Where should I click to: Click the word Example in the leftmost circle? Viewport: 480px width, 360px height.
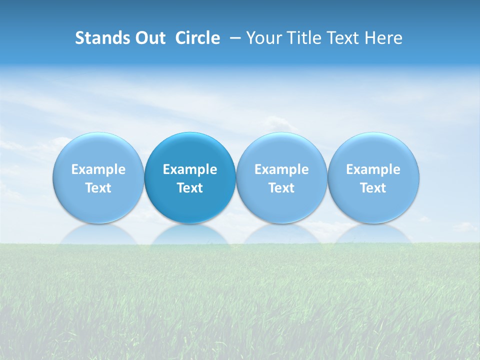pos(98,169)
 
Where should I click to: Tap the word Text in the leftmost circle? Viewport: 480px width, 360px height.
pos(98,188)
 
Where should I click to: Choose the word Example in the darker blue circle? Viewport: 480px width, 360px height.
pos(190,169)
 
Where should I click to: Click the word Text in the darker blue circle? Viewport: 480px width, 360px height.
pos(190,188)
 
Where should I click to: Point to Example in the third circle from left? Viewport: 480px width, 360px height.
pos(281,169)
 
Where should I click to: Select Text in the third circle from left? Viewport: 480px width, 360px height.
pos(281,188)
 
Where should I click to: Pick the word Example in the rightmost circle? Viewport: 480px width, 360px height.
pos(373,169)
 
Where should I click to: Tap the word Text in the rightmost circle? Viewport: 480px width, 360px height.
pos(373,188)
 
